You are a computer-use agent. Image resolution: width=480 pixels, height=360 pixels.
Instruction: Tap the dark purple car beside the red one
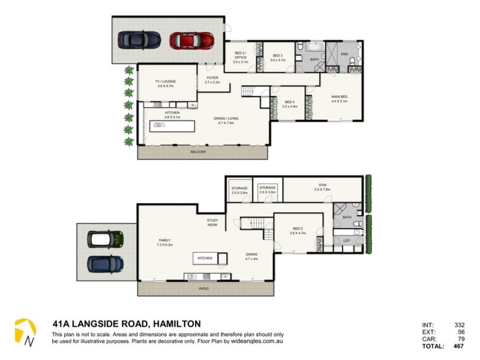(139, 40)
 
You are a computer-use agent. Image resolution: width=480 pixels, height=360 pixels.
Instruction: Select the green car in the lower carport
(106, 239)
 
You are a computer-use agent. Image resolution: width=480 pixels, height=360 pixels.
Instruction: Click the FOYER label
(212, 78)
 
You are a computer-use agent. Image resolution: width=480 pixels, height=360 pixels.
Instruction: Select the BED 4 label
(289, 103)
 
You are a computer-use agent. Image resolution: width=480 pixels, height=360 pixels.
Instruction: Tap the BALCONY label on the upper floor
(198, 152)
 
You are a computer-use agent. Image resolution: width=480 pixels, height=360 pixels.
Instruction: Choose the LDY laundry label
(346, 241)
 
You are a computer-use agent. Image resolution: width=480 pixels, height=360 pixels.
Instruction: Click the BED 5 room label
(298, 229)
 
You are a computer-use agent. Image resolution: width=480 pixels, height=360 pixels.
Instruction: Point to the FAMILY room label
(164, 241)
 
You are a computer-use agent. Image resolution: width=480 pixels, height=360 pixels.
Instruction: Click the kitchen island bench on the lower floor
(205, 259)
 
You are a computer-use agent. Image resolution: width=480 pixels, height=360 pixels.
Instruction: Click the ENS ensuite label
(344, 53)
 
